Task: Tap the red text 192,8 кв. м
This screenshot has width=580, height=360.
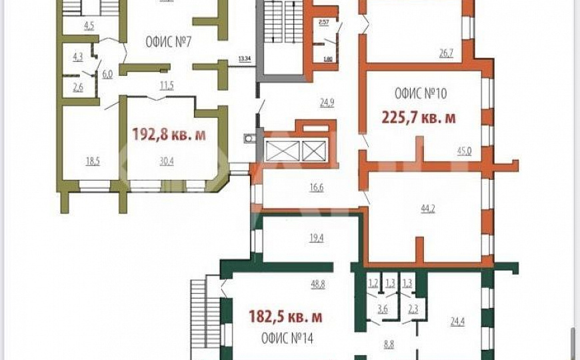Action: pyautogui.click(x=169, y=135)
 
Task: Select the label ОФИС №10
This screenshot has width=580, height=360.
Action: pyautogui.click(x=421, y=93)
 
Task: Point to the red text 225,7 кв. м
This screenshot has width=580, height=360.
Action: pyautogui.click(x=419, y=118)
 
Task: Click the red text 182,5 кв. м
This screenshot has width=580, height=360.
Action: pyautogui.click(x=285, y=315)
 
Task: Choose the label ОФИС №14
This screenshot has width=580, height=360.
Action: pyautogui.click(x=287, y=338)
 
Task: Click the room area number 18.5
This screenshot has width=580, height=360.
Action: pyautogui.click(x=93, y=161)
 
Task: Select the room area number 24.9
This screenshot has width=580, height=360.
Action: pyautogui.click(x=327, y=103)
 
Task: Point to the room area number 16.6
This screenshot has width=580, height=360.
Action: pyautogui.click(x=316, y=188)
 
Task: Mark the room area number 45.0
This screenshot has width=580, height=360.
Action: pyautogui.click(x=464, y=151)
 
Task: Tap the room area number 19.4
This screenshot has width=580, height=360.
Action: pyautogui.click(x=316, y=238)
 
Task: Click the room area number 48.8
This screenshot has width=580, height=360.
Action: pyautogui.click(x=317, y=284)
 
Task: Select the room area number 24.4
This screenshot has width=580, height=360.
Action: pyautogui.click(x=457, y=322)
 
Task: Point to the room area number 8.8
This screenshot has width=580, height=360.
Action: pyautogui.click(x=389, y=345)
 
